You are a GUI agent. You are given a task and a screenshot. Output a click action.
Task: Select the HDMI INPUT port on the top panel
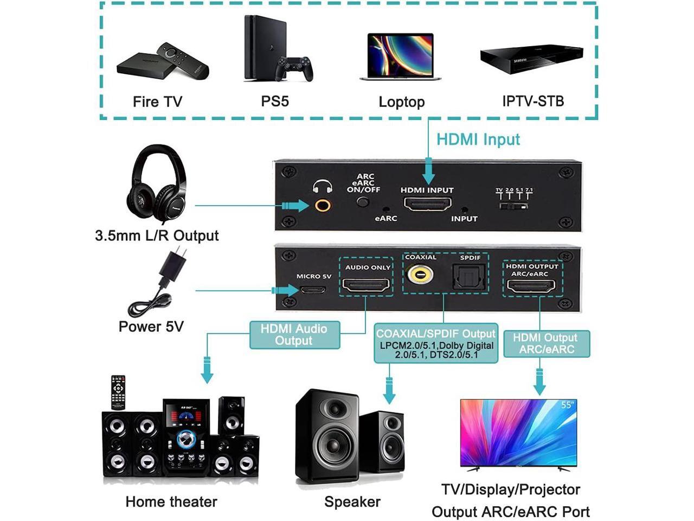[427, 204]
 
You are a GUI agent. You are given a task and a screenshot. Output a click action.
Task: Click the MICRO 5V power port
[313, 289]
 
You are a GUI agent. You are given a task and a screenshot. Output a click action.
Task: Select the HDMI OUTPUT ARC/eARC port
[530, 285]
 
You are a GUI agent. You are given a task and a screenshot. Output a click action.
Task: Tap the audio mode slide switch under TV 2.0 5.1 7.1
[513, 206]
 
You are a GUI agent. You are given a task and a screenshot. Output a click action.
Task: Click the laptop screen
[401, 55]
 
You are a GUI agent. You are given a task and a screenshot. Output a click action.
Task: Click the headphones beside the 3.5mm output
[156, 182]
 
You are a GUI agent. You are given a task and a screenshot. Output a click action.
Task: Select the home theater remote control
[118, 391]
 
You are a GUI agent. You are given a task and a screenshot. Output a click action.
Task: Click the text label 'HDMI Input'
[478, 139]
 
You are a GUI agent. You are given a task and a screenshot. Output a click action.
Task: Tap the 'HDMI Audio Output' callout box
[294, 335]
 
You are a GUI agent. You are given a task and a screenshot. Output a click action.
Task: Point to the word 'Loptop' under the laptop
[401, 102]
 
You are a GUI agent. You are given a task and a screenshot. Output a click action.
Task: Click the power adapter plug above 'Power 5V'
[173, 265]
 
